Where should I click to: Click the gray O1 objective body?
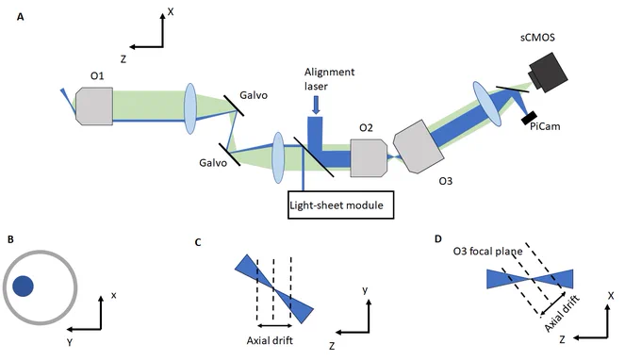[94, 106]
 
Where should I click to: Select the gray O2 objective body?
[369, 158]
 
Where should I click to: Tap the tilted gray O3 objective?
[419, 146]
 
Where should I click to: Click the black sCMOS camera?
[549, 72]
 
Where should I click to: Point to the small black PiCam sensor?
[529, 118]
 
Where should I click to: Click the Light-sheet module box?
[341, 205]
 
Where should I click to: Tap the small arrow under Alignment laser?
[316, 105]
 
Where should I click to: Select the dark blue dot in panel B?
[23, 286]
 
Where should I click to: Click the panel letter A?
[21, 17]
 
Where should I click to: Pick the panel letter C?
[198, 242]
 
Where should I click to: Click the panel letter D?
[438, 238]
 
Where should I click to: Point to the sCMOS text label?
[537, 38]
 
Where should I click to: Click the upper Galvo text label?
[254, 95]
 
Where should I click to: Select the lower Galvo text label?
[213, 163]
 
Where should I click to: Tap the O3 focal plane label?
[487, 252]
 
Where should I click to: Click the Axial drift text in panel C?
[270, 340]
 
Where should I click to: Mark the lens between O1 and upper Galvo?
[190, 108]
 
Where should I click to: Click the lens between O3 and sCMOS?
[487, 104]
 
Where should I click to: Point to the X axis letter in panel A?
[171, 12]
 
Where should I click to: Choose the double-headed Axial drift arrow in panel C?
[274, 326]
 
